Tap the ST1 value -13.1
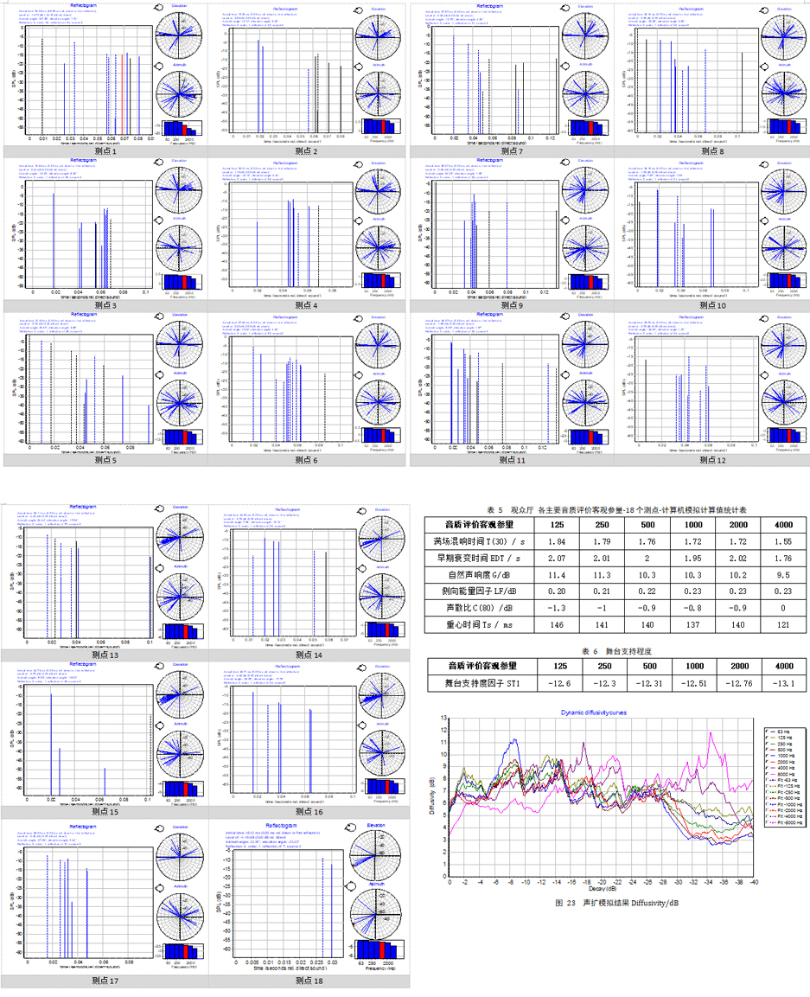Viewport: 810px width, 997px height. pos(783,685)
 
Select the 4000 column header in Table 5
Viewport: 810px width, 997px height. pos(783,523)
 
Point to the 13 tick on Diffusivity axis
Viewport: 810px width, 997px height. pos(443,718)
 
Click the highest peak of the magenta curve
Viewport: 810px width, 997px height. pos(711,733)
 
